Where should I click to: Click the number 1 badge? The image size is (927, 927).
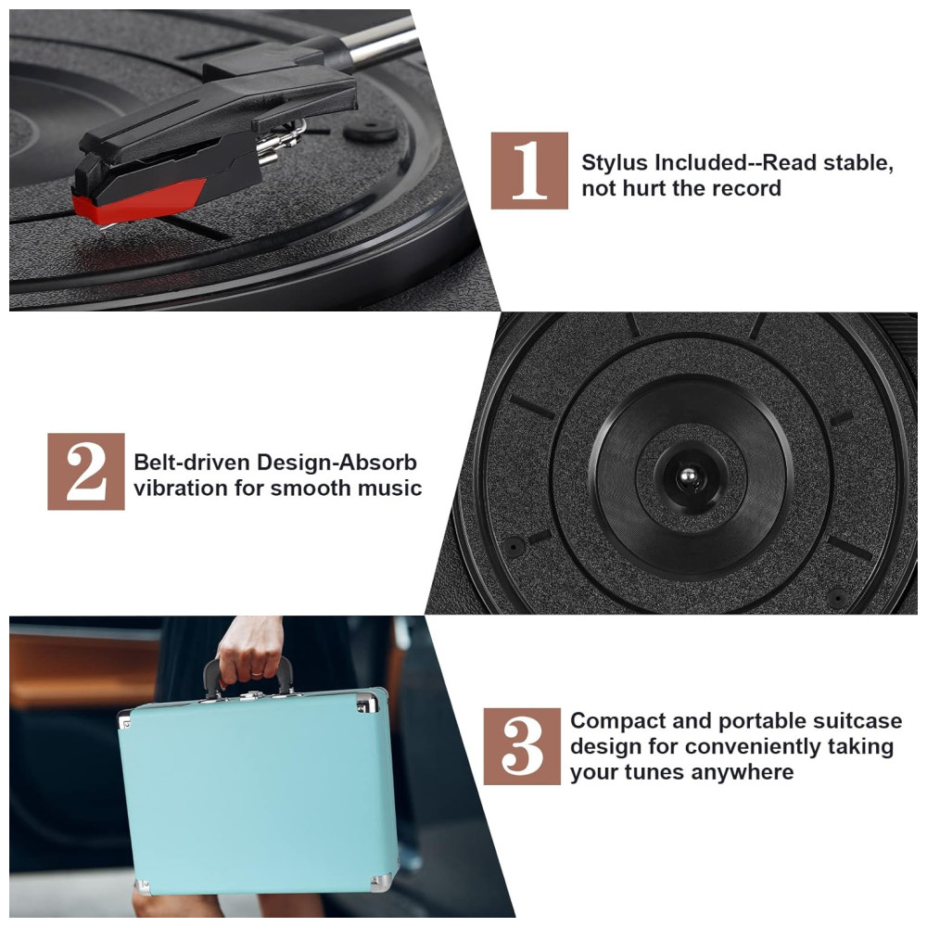[x=529, y=171]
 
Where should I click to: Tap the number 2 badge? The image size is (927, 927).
[x=85, y=471]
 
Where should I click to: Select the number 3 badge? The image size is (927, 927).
[x=522, y=746]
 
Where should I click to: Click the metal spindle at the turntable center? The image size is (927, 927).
[x=688, y=476]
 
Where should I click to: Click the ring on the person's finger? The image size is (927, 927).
[x=256, y=673]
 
